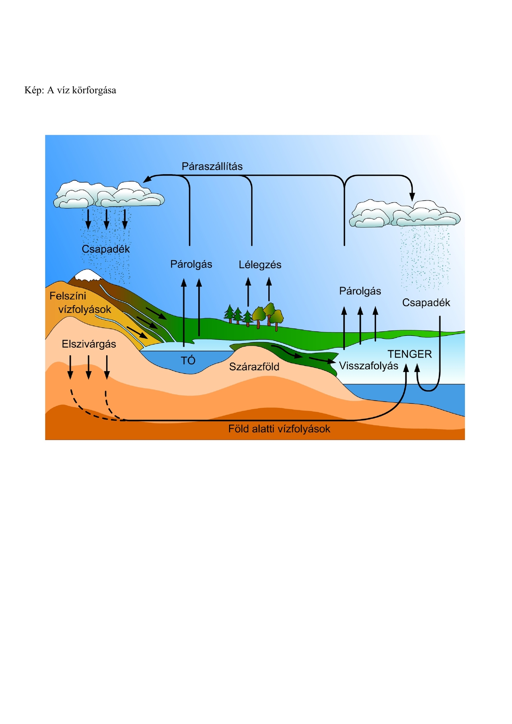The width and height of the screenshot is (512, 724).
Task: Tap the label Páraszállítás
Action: [212, 167]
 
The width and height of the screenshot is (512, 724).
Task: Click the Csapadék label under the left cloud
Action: [106, 249]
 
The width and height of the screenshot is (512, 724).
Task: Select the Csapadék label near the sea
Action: [426, 302]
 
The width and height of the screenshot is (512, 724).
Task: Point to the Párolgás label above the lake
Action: [191, 264]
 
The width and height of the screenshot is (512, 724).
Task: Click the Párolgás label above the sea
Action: [360, 291]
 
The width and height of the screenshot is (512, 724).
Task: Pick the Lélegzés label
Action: [260, 265]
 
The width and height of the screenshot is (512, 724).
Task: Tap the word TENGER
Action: [409, 354]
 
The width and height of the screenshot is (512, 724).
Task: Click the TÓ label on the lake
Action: [188, 360]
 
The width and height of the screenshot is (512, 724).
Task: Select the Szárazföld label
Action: [254, 367]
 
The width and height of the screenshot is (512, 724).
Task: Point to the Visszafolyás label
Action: [368, 366]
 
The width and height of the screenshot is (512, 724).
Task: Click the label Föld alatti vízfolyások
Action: [279, 429]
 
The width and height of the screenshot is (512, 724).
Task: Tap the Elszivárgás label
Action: [89, 344]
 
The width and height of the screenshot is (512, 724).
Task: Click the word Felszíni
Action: [68, 296]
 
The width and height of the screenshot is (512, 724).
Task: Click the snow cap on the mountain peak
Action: [87, 275]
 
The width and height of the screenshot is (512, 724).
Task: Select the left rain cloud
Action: [109, 195]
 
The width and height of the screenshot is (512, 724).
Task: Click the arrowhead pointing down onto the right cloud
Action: [412, 197]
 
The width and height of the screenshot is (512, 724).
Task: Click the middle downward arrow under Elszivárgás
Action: [88, 373]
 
